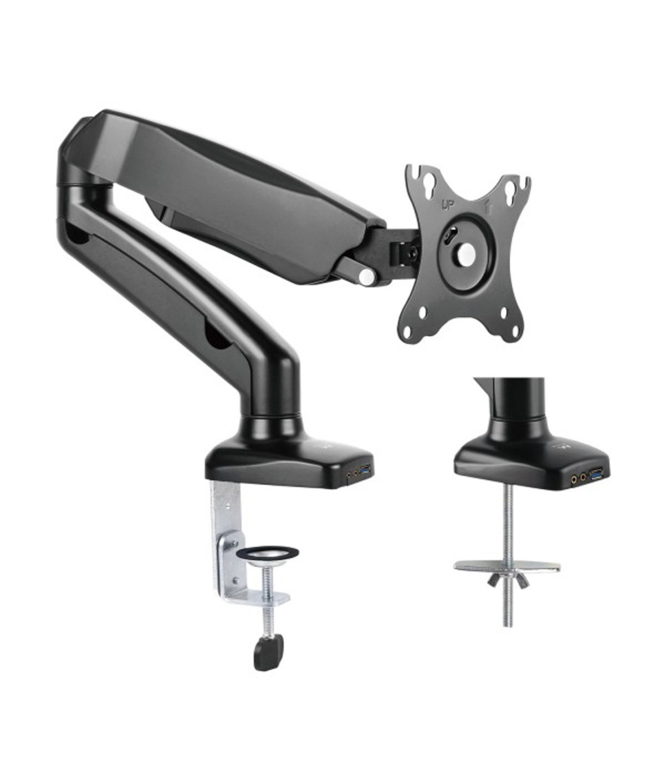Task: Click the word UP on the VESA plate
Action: pyautogui.click(x=447, y=205)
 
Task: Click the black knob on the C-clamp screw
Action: pyautogui.click(x=268, y=651)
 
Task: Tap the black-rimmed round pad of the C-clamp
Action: pyautogui.click(x=267, y=554)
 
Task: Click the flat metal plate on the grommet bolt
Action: pyautogui.click(x=506, y=567)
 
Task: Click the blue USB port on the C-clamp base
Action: pyautogui.click(x=366, y=472)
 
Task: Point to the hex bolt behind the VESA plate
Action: pyautogui.click(x=411, y=252)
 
